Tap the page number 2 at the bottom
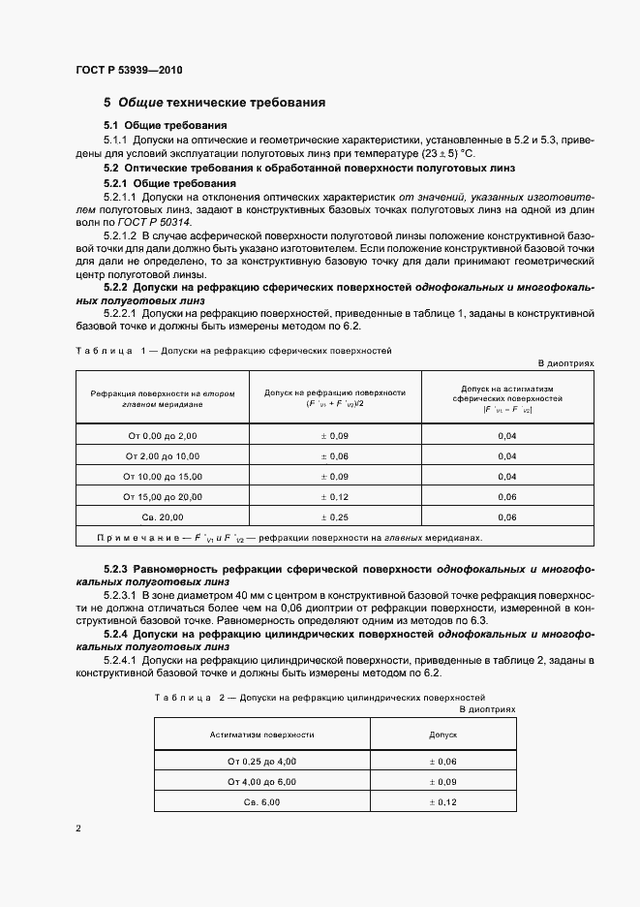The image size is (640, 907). (x=79, y=829)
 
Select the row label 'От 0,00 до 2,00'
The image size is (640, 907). (x=162, y=436)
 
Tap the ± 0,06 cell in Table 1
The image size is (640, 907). (x=335, y=456)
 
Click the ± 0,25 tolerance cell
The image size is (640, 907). (x=335, y=517)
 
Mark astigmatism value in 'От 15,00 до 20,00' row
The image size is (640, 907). (x=507, y=497)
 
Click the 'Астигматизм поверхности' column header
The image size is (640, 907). (x=261, y=735)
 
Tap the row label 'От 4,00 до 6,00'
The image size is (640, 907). (x=261, y=782)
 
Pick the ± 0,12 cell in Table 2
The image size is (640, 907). (x=442, y=802)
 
